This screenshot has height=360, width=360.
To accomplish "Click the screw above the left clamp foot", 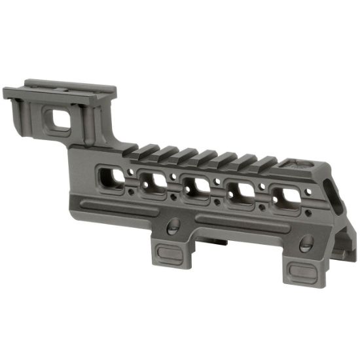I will pyautogui.click(x=173, y=226).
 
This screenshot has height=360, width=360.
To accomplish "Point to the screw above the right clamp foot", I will pyautogui.click(x=306, y=245).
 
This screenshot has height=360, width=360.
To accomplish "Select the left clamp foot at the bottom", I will pyautogui.click(x=170, y=252).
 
